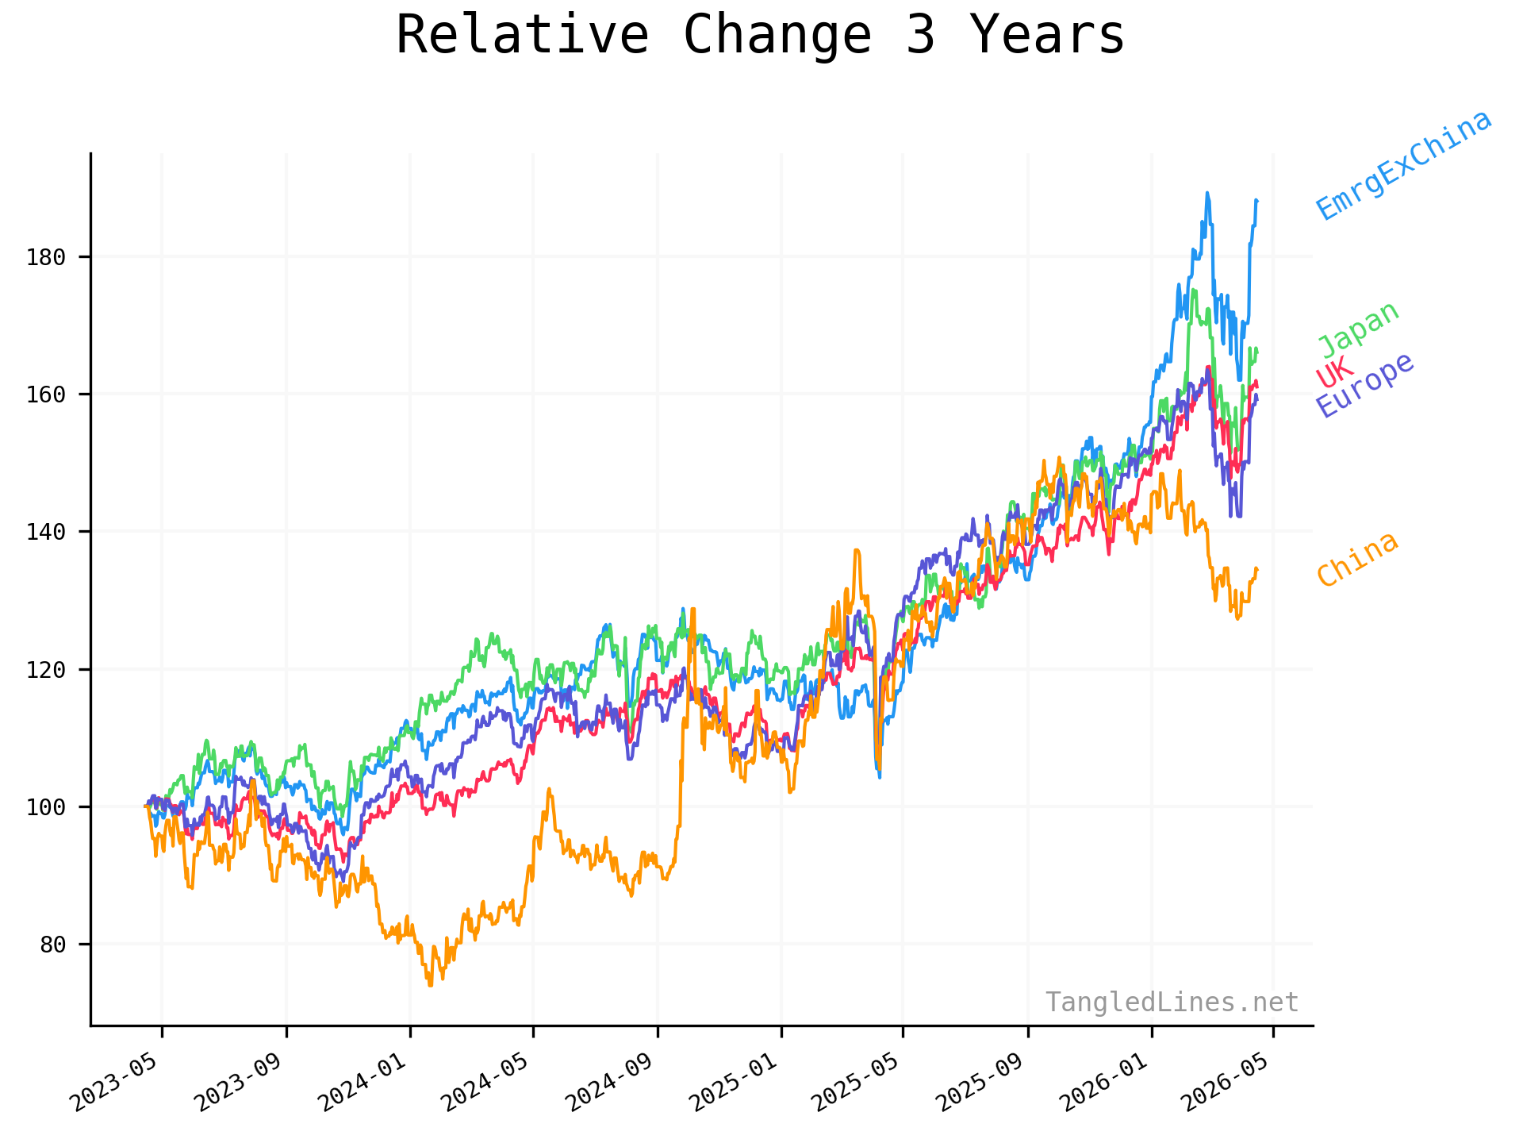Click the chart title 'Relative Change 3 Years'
(x=760, y=36)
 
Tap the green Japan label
(x=1359, y=329)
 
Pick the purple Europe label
(x=1364, y=384)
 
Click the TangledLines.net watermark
(x=1171, y=1003)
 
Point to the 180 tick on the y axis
(x=46, y=257)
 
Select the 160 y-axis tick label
(x=46, y=394)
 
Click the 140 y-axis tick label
(x=46, y=532)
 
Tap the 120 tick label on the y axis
(x=46, y=669)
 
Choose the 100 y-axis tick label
(x=46, y=806)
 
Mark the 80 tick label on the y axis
(x=52, y=945)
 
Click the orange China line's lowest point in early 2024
(x=430, y=985)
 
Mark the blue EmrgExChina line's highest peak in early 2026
(x=1207, y=192)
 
